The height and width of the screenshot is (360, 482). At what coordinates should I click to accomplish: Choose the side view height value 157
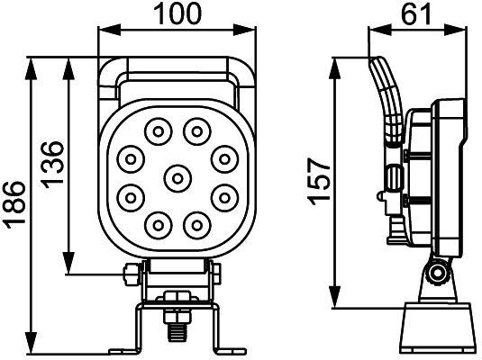(318, 181)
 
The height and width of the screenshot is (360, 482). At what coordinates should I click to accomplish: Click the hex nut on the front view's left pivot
(131, 274)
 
